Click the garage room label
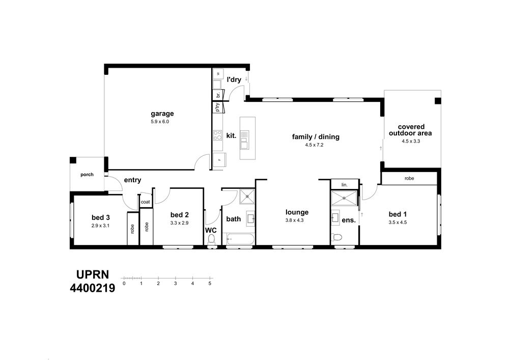(162, 114)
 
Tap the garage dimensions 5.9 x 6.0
(160, 122)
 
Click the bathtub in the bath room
(240, 239)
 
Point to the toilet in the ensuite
(336, 237)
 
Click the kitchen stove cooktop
(217, 135)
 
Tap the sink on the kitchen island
(244, 139)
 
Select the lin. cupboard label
(345, 185)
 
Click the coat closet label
(146, 202)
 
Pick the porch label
(87, 175)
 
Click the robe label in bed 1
(409, 178)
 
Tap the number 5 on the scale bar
(210, 284)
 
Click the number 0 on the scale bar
(124, 284)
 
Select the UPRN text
(93, 274)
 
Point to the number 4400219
(93, 288)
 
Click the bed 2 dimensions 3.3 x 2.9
(179, 223)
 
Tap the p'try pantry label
(217, 107)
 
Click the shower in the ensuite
(344, 198)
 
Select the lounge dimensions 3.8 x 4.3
(294, 220)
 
